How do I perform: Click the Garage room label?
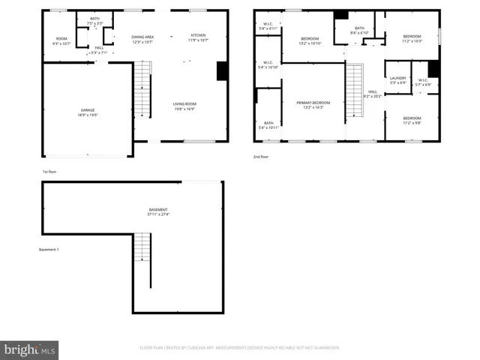tap(88, 113)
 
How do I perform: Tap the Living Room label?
tap(184, 106)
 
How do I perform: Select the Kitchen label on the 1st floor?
tap(198, 37)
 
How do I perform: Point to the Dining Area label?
tap(142, 39)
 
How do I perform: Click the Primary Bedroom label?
tap(313, 104)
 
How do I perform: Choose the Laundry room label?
tap(397, 80)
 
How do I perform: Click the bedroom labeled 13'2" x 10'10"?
tap(310, 40)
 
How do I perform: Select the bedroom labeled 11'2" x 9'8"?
tap(412, 120)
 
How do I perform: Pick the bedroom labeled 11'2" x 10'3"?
tap(412, 38)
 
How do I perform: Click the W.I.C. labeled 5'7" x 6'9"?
tap(423, 82)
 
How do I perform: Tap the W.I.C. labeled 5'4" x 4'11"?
tap(267, 27)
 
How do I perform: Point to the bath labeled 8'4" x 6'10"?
tap(359, 30)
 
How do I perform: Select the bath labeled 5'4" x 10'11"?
tap(268, 124)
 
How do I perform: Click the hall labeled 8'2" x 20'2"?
tap(372, 94)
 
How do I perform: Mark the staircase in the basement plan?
tap(142, 247)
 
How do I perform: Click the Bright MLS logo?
tap(29, 349)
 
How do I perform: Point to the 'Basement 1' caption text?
tap(49, 250)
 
